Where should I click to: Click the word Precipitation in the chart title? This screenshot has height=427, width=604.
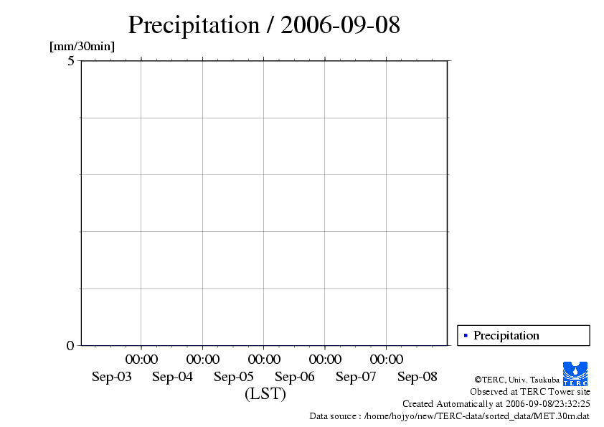pyautogui.click(x=193, y=26)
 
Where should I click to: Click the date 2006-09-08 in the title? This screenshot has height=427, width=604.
pyautogui.click(x=340, y=26)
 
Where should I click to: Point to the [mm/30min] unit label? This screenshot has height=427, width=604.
pyautogui.click(x=82, y=47)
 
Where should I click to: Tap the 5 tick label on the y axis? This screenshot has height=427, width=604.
pyautogui.click(x=70, y=61)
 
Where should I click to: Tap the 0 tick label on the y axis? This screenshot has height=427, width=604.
pyautogui.click(x=70, y=345)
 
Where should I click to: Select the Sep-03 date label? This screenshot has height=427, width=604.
pyautogui.click(x=112, y=377)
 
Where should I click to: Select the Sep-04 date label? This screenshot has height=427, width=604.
pyautogui.click(x=173, y=377)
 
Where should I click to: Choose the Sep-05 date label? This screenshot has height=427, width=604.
pyautogui.click(x=234, y=377)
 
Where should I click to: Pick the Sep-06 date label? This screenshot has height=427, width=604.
pyautogui.click(x=295, y=377)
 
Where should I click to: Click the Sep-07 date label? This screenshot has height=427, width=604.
pyautogui.click(x=356, y=377)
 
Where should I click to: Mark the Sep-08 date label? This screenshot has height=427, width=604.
pyautogui.click(x=417, y=377)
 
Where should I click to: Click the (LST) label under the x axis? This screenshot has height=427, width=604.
pyautogui.click(x=265, y=394)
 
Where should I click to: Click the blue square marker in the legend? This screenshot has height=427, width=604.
pyautogui.click(x=466, y=335)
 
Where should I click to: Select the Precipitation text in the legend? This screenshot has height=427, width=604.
pyautogui.click(x=506, y=335)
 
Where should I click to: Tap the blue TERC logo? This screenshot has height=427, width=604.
pyautogui.click(x=575, y=373)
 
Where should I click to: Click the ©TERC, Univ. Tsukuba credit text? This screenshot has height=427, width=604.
pyautogui.click(x=516, y=380)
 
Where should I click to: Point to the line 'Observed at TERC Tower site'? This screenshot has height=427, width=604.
pyautogui.click(x=529, y=392)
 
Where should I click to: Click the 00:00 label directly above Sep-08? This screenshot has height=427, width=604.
pyautogui.click(x=386, y=359)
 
